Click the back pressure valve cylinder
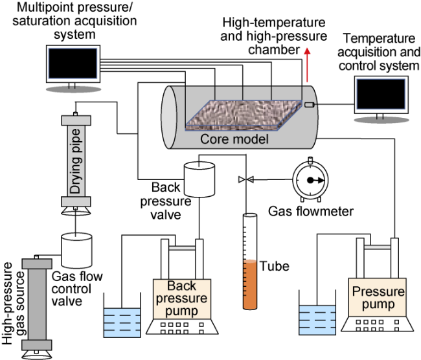(198, 179)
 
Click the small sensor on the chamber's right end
(310, 105)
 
